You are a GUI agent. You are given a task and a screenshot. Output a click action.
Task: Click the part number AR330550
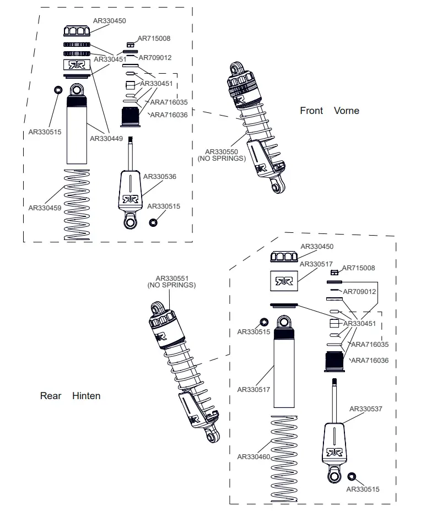tap(222, 151)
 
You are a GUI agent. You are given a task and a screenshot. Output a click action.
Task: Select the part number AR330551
tap(171, 279)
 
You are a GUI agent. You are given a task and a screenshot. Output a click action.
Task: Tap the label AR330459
tap(45, 208)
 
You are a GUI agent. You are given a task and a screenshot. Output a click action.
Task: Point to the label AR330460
tap(253, 456)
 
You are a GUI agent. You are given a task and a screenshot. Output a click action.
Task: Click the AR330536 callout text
tap(160, 177)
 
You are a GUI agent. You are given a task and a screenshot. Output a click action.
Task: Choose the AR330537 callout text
tap(366, 409)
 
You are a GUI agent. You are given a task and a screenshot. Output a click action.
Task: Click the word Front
tap(311, 111)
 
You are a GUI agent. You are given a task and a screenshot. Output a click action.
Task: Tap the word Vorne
tap(347, 111)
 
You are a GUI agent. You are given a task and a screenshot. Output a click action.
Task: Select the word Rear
tap(51, 396)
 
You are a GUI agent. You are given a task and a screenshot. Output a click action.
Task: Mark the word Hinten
tap(87, 396)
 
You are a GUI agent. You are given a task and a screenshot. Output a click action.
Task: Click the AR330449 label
tap(106, 139)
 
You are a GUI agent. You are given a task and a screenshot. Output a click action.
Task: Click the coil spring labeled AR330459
tap(77, 204)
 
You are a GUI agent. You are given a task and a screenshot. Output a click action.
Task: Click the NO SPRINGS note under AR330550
tap(222, 159)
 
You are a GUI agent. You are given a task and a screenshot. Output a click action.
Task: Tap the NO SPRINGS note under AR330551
tap(171, 285)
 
